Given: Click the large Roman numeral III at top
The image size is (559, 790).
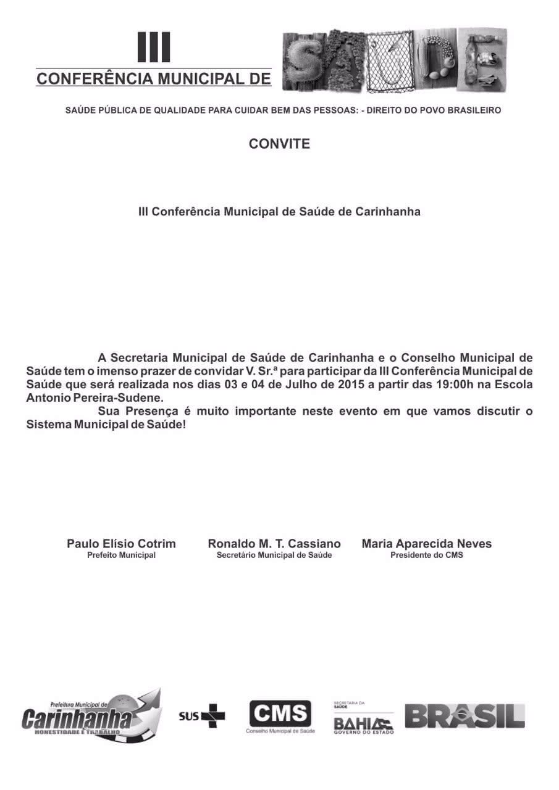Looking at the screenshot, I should click(154, 48).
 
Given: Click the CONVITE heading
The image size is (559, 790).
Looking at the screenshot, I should click(279, 144).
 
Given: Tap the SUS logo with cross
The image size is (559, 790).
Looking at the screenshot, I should click(202, 715).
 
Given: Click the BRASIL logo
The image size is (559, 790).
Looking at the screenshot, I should click(464, 716).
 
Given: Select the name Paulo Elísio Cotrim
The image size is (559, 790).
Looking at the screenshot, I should click(121, 544).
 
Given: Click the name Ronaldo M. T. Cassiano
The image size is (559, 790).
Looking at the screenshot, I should click(274, 544).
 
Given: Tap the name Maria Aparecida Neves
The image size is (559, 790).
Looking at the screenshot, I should click(427, 544).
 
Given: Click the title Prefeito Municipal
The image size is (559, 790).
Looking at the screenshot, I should click(121, 555).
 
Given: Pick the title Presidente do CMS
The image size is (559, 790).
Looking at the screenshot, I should click(427, 555).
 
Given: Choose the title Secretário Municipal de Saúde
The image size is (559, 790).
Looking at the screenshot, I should click(274, 555).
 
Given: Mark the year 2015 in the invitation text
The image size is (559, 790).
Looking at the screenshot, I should click(345, 385).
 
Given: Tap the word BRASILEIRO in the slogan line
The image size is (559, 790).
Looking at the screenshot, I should click(471, 110).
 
